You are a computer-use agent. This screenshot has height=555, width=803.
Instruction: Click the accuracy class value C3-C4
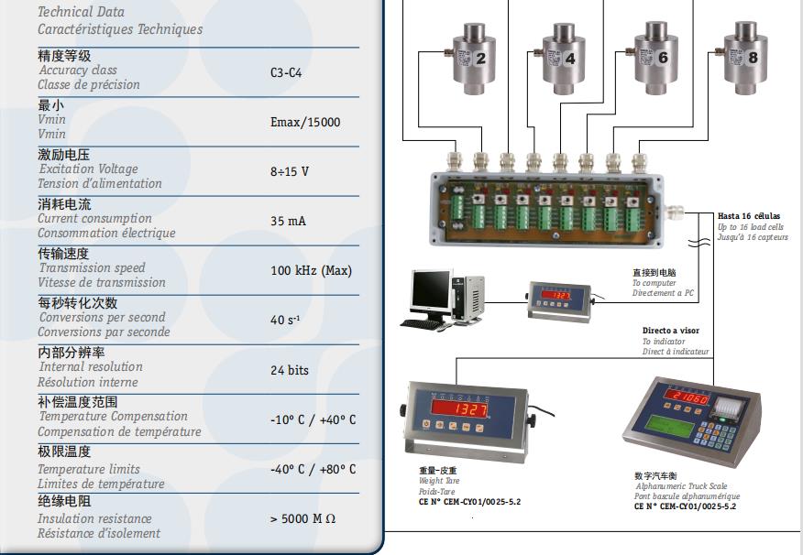(285, 72)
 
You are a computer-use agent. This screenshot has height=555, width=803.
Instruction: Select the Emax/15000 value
(304, 122)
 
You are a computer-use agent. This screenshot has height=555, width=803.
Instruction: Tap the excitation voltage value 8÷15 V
(289, 171)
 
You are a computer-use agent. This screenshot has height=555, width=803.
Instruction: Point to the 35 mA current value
(288, 221)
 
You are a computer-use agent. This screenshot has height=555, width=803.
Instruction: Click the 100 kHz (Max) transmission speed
(311, 270)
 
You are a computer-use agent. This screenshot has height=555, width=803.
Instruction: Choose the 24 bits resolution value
(289, 370)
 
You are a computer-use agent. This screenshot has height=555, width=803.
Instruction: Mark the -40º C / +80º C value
(313, 469)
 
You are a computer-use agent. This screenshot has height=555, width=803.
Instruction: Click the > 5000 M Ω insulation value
(302, 518)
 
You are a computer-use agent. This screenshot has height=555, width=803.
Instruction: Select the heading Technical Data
(81, 12)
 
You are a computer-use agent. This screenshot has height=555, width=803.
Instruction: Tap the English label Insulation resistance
(94, 518)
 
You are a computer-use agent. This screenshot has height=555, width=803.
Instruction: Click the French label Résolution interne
(88, 382)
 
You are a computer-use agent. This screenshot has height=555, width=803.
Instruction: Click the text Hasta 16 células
(749, 217)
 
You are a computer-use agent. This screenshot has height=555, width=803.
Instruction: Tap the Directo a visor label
(670, 331)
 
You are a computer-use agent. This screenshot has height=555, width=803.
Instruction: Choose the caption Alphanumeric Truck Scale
(680, 486)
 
